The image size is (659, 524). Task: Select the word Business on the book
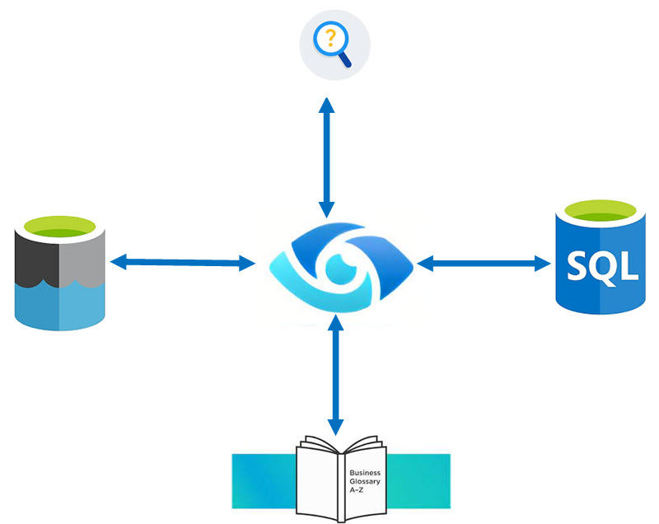(365, 473)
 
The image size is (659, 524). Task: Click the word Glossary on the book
(365, 481)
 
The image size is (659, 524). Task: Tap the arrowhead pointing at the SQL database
(544, 264)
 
